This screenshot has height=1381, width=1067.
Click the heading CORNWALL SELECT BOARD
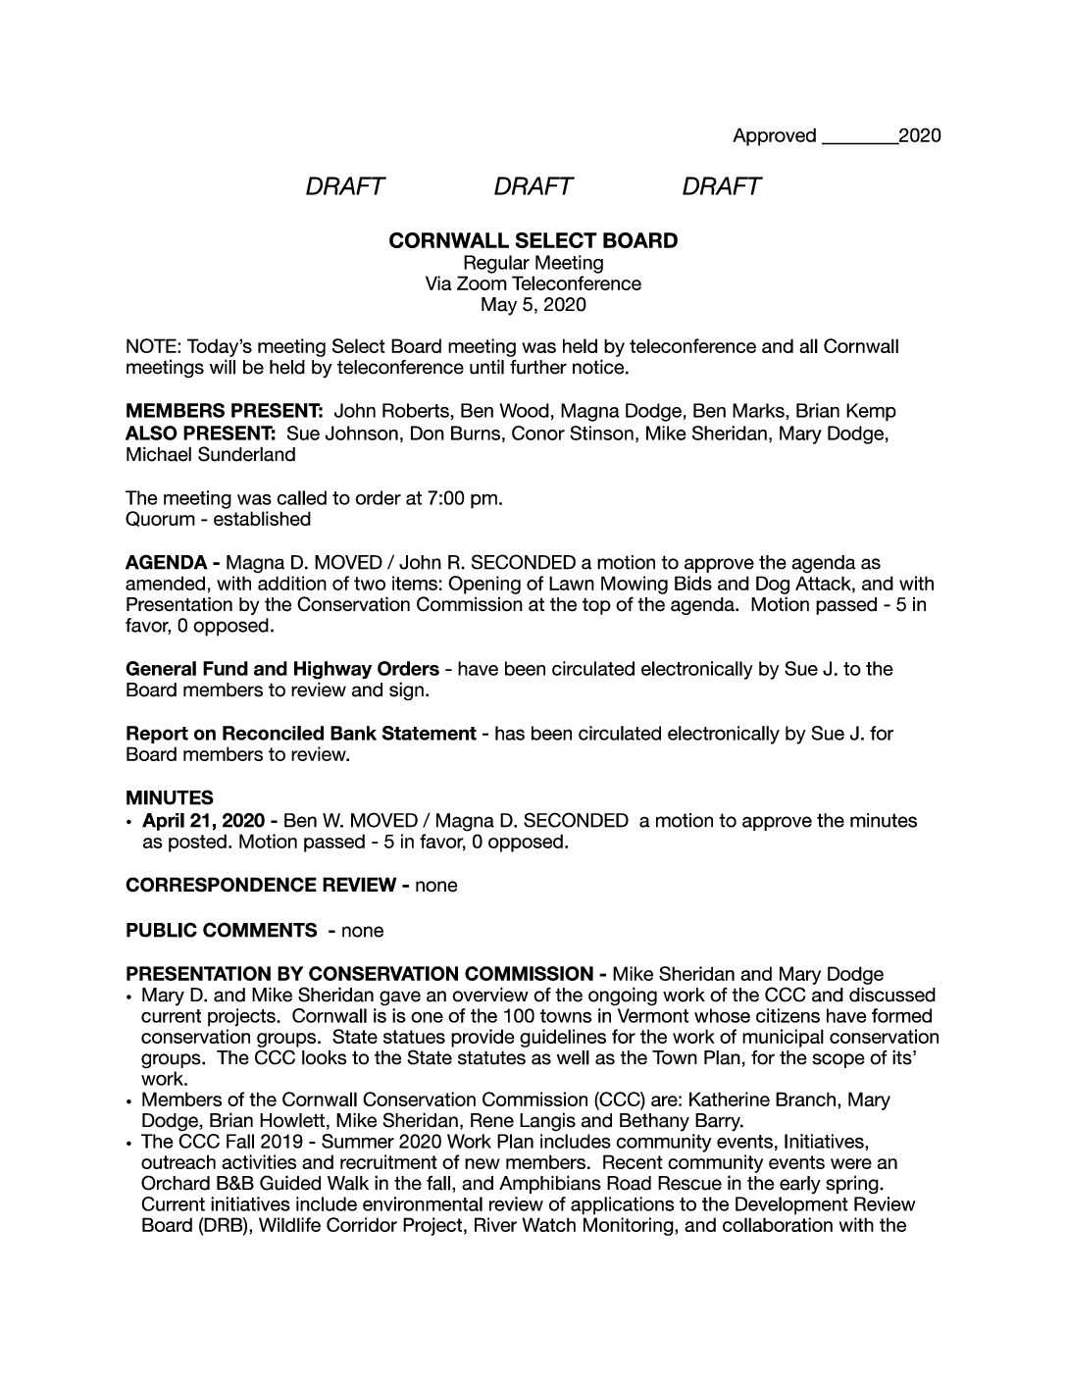(533, 240)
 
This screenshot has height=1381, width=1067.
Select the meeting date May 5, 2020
(533, 305)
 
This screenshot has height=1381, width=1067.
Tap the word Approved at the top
(774, 135)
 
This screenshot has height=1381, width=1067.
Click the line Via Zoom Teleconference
(533, 283)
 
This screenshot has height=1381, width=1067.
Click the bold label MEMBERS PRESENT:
(225, 411)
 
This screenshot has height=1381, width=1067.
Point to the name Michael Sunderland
(210, 454)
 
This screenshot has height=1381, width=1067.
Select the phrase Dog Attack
(744, 584)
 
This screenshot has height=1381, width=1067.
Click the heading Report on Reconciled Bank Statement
(301, 733)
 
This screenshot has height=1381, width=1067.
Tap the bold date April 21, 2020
(203, 820)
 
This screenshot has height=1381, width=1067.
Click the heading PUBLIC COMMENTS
(221, 930)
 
